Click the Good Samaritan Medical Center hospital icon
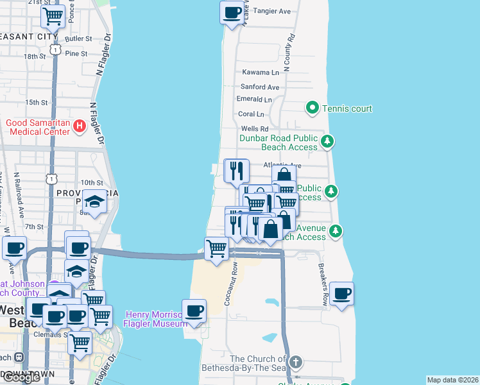tap(80, 126)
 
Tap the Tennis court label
tap(347, 108)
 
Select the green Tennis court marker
tap(313, 108)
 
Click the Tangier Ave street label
tap(272, 11)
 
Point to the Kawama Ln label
tap(261, 73)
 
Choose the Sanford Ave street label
tap(260, 87)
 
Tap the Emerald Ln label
tap(254, 99)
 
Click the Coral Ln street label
tap(251, 114)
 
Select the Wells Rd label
tap(254, 129)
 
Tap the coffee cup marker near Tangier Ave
tap(232, 12)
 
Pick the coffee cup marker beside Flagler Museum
tap(194, 311)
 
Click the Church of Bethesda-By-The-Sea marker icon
tap(295, 363)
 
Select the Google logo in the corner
tap(21, 377)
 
